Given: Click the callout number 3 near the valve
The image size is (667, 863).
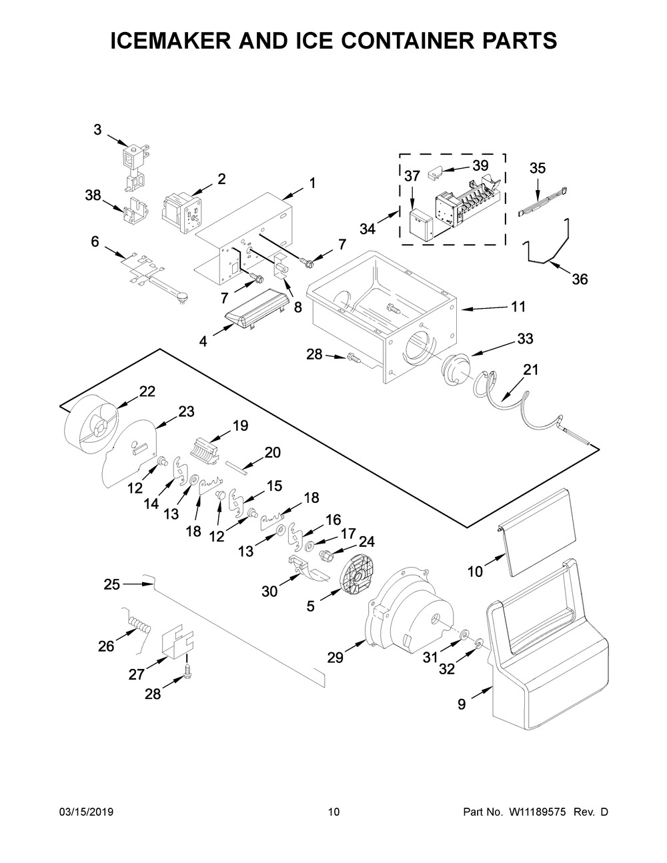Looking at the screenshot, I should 97,130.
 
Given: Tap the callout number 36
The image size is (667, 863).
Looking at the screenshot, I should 580,279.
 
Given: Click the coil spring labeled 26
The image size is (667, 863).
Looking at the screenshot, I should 139,626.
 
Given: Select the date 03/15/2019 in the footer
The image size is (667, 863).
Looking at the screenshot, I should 87,812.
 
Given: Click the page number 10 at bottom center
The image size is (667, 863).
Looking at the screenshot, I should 333,812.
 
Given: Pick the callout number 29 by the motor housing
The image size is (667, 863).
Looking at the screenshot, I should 335,658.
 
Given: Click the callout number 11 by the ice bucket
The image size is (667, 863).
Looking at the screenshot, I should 518,307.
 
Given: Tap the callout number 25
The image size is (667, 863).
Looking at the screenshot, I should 112,585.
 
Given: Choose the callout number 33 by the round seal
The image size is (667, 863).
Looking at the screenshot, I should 525,339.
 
